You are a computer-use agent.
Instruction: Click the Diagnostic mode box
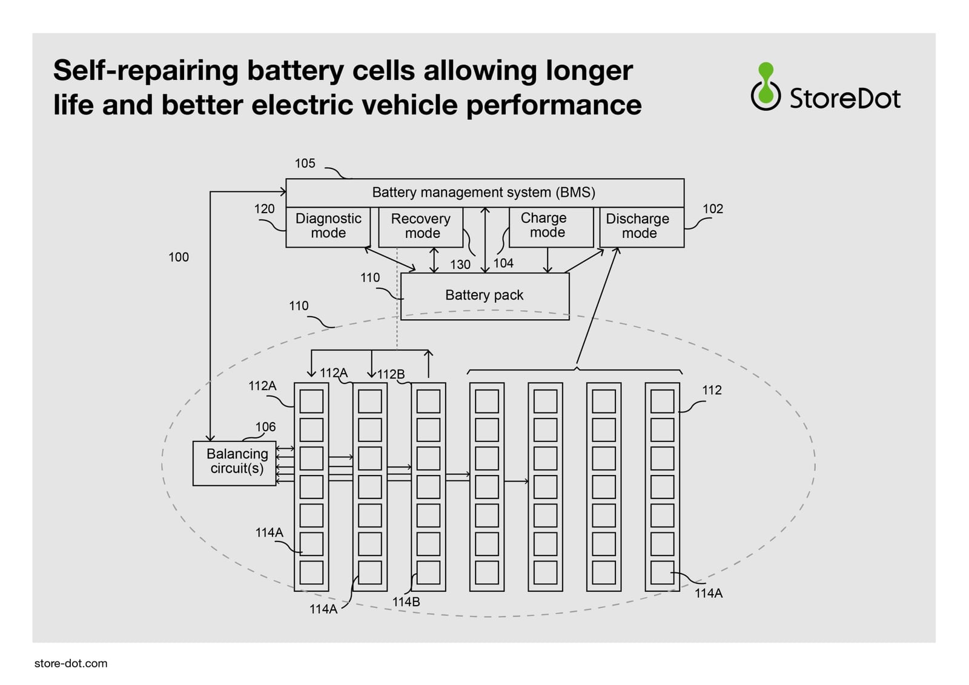pos(328,227)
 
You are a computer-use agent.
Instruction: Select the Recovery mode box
pos(420,227)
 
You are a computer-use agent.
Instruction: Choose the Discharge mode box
pos(641,227)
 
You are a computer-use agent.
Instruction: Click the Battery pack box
pos(484,296)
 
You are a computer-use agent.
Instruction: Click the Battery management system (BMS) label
pos(483,193)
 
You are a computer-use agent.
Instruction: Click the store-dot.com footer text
pos(71,663)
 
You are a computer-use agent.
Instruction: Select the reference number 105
pos(305,164)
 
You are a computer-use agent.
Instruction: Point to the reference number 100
pos(179,257)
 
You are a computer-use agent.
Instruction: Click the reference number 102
pos(713,209)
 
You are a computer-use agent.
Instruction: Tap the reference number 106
pos(265,427)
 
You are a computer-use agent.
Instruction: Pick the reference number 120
pos(264,209)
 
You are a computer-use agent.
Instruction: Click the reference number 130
pos(460,265)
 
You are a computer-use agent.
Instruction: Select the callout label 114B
pos(406,602)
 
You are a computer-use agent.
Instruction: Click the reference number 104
pos(503,263)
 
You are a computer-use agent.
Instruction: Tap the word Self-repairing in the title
pos(145,71)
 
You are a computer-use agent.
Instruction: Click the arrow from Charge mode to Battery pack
pos(547,260)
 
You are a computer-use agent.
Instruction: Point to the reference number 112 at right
pos(712,391)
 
